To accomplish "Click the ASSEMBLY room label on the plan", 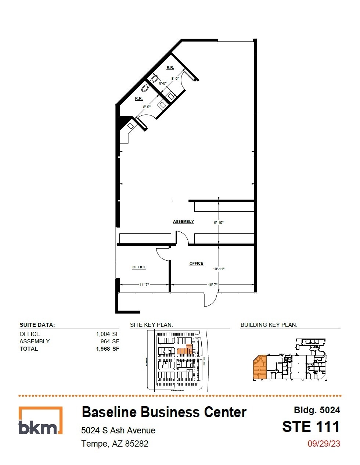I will (x=183, y=221).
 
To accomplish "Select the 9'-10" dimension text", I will (x=219, y=222).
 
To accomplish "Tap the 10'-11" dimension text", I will (x=219, y=269).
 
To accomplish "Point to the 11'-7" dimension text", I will (x=144, y=285).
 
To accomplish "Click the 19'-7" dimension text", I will (x=213, y=285).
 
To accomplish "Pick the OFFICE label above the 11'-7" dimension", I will (x=139, y=267).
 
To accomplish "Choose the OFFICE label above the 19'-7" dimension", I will (x=196, y=264).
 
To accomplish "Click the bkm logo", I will (x=40, y=421).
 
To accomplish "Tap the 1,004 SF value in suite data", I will (x=107, y=334).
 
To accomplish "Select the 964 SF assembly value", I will (x=110, y=341).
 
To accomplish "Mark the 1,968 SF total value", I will (x=107, y=348).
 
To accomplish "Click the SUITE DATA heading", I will (x=37, y=325).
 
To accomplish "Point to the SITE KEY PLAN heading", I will (x=151, y=325).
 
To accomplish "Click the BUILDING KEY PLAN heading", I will (x=269, y=325).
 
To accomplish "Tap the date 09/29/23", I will (x=324, y=444).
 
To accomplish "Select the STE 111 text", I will (x=311, y=427).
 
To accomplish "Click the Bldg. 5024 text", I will (x=317, y=410).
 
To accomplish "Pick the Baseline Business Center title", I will (x=164, y=412).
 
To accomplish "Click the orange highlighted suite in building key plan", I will (x=259, y=368).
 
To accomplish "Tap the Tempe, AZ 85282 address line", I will (x=115, y=444).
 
